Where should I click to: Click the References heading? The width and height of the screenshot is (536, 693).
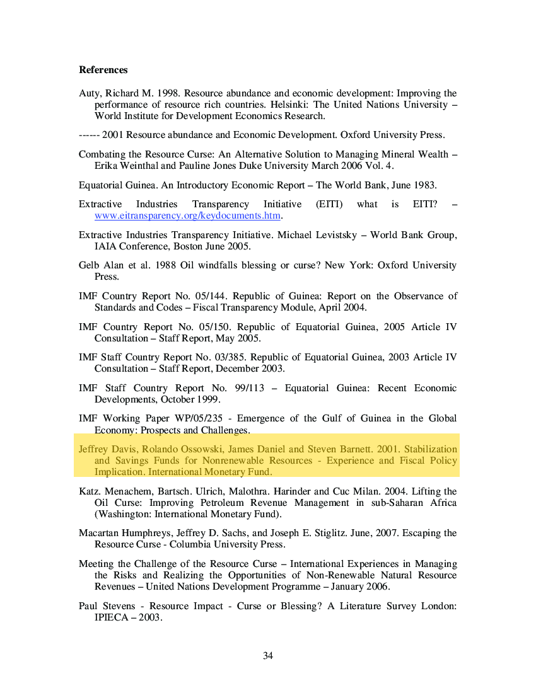click(103, 70)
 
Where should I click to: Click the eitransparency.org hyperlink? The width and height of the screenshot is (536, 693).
click(187, 215)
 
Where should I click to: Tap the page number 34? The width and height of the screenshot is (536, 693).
click(268, 656)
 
